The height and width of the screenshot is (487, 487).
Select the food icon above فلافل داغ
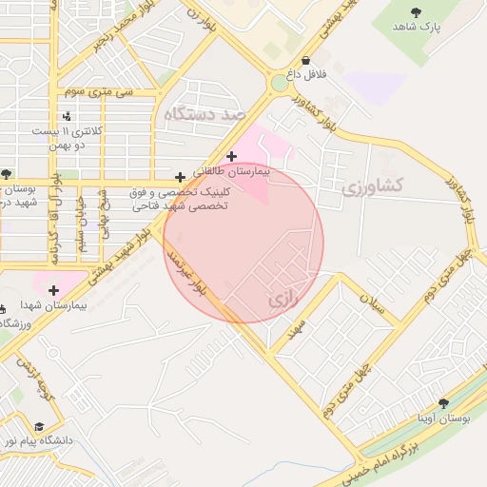point(304,60)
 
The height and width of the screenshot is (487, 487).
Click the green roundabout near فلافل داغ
point(279,84)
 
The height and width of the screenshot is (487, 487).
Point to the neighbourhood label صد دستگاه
point(205,114)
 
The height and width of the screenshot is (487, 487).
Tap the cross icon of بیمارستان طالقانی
point(231,157)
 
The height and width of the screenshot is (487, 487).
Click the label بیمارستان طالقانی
point(232,173)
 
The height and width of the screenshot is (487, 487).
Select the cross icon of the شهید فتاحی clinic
point(180,177)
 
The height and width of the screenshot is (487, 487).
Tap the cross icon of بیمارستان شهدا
point(53,290)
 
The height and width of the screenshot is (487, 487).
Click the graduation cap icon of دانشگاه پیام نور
point(39,426)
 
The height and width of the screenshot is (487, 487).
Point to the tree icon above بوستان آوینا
point(443,403)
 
